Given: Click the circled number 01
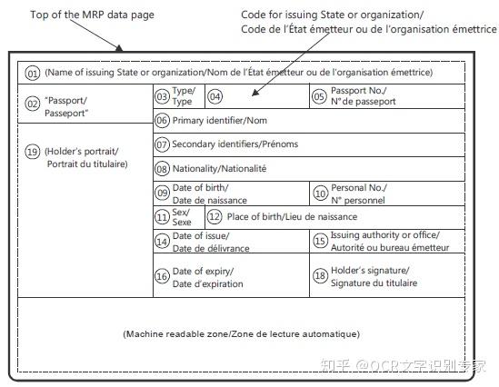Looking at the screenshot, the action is click(32, 74).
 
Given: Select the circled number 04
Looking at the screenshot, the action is click(215, 96).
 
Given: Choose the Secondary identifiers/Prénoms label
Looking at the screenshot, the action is click(235, 144).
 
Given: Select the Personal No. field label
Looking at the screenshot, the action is click(357, 193).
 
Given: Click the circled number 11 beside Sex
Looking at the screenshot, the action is click(162, 217).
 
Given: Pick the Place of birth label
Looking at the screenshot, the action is click(292, 217).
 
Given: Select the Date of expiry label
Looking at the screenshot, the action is click(208, 277).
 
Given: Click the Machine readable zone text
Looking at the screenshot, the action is click(241, 334).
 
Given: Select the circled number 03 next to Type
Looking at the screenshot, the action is click(162, 96).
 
